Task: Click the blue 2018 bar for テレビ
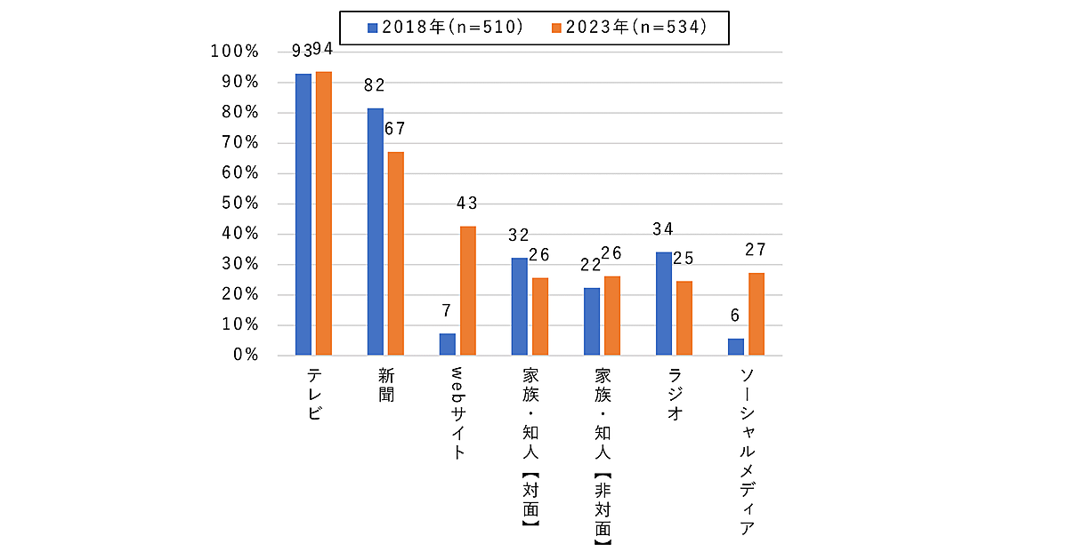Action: coord(303,214)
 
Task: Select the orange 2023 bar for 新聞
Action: coord(396,253)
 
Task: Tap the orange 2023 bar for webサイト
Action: coord(468,291)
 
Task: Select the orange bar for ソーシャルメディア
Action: coord(756,314)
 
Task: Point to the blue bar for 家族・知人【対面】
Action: coord(520,307)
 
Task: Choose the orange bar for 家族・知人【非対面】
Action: coord(612,316)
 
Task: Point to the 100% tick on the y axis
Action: coord(234,52)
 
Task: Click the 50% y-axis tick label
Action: coord(239,204)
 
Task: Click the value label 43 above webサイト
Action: coord(467,204)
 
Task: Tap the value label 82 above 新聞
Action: coord(374,85)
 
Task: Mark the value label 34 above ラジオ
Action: coord(663,229)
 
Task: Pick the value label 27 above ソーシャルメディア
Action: coord(756,250)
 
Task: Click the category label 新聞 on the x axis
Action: coord(386,382)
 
